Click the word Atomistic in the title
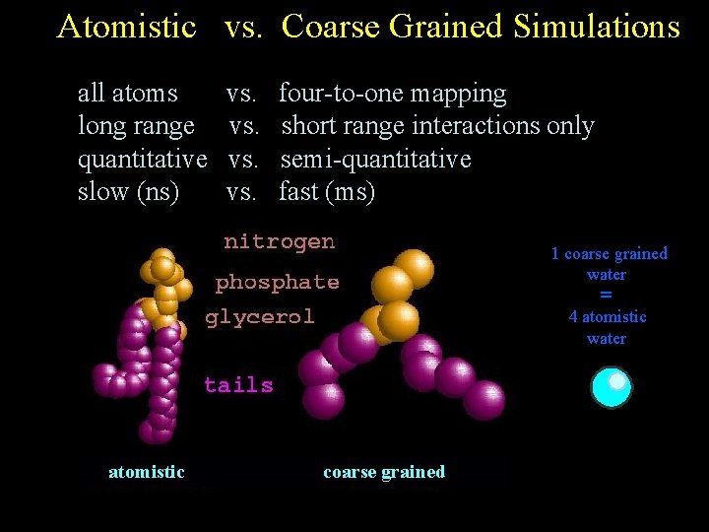(x=127, y=27)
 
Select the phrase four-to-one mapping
(x=392, y=94)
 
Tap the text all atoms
(x=128, y=94)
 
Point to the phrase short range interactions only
(x=437, y=126)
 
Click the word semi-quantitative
(x=375, y=159)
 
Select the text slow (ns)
(x=128, y=191)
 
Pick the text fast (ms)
(x=327, y=191)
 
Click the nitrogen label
(x=279, y=241)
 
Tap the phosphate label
(x=277, y=283)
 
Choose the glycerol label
(x=259, y=317)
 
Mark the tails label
(x=238, y=385)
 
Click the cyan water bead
(x=611, y=386)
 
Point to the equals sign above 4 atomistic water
(x=606, y=296)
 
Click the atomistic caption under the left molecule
(x=146, y=472)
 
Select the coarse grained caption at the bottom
(x=384, y=472)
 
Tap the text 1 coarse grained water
(x=609, y=264)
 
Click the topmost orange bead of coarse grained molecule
(x=415, y=267)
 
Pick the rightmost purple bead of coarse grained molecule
(x=483, y=400)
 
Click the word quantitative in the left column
(x=142, y=159)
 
